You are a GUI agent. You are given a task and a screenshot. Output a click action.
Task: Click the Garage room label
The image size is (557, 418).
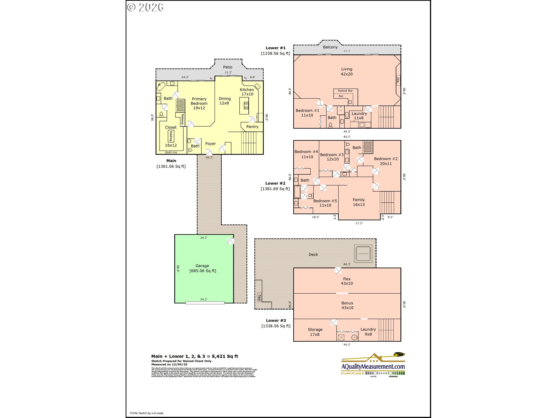pos(202,266)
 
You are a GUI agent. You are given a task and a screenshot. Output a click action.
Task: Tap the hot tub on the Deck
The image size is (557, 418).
pos(363,253)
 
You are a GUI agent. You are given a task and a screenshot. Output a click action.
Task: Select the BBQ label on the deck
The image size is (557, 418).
pos(260,298)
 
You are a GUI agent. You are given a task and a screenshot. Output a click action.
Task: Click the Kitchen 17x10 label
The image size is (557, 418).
pos(247,92)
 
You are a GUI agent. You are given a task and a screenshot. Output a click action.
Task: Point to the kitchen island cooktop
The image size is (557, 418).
pos(246,106)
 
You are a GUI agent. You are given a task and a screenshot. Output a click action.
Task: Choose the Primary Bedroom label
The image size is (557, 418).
pos(199,103)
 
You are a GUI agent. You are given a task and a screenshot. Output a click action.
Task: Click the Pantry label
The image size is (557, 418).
pos(252,127)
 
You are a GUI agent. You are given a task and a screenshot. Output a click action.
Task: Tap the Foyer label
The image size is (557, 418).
pos(210,144)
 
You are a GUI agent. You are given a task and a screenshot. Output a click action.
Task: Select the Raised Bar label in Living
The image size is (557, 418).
pos(345,91)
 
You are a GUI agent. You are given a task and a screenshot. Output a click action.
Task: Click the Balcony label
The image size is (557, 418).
pos(330,47)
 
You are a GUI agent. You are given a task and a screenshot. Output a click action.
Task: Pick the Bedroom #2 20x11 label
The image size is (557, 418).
pos(386,161)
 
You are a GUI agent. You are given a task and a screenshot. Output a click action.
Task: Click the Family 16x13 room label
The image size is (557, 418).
pos(359,202)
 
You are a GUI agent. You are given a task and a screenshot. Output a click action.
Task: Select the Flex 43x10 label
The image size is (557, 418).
pos(347,281)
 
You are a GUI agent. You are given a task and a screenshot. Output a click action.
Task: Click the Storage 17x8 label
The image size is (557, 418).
pos(315,332)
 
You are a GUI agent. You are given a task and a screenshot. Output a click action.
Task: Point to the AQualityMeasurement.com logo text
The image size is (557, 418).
pos(373,367)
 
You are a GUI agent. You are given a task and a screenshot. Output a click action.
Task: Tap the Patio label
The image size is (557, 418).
pos(227,67)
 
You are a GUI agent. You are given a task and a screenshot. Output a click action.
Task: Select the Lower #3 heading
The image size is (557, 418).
pos(276,320)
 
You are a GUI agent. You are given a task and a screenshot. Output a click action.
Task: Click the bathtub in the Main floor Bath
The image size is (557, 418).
pos(161,87)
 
